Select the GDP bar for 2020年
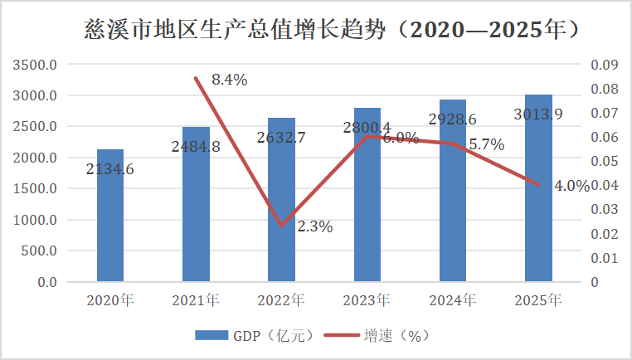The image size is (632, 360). tap(110, 224)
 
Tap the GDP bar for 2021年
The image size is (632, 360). tap(196, 216)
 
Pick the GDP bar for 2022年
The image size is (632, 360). tap(281, 207)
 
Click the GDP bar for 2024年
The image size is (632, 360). tap(452, 199)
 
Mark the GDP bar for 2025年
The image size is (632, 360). tap(538, 199)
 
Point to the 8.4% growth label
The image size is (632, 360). tap(230, 80)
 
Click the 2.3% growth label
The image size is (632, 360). tap(314, 226)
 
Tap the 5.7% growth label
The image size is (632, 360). tap(487, 144)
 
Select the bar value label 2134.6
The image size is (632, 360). tap(110, 169)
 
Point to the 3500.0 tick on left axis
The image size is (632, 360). tap(36, 65)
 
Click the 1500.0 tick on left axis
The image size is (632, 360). tap(36, 188)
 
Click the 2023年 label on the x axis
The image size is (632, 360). tap(367, 299)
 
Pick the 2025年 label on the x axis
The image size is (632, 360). tap(538, 299)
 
